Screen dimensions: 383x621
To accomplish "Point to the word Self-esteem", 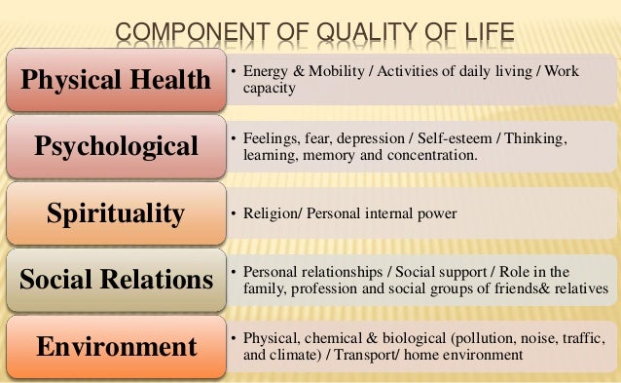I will click(459, 140).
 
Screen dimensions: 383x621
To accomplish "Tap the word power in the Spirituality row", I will click(432, 213).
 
